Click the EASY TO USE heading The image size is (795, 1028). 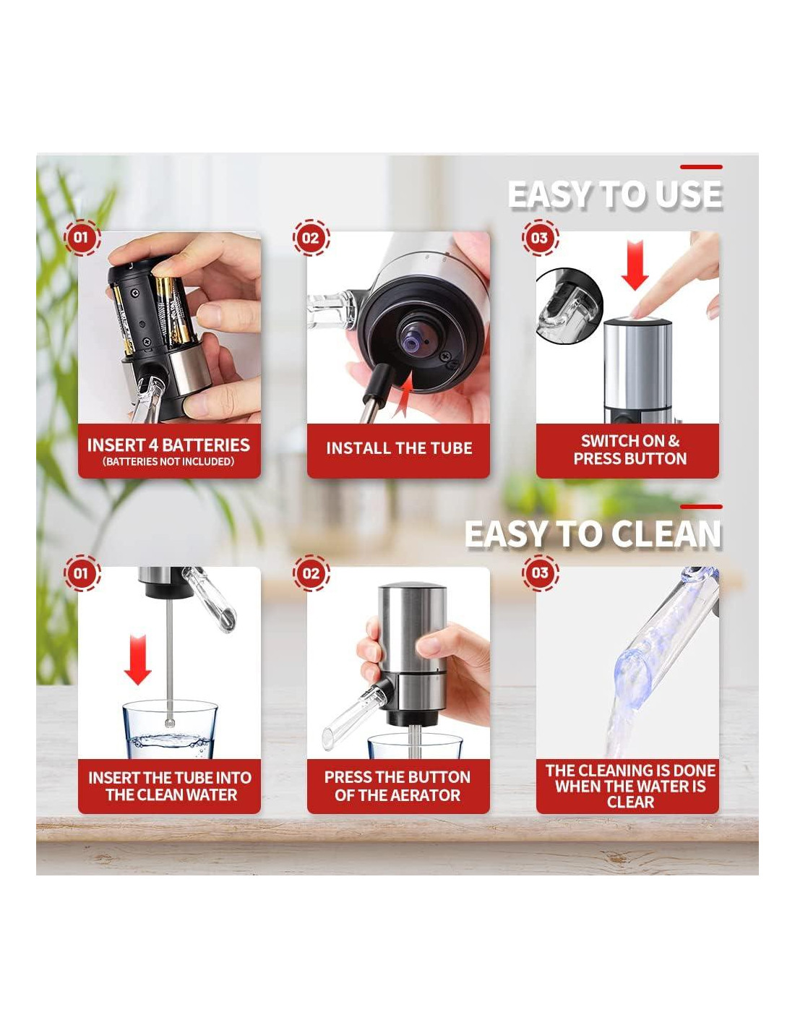pyautogui.click(x=614, y=194)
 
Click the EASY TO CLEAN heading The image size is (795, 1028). pyautogui.click(x=593, y=534)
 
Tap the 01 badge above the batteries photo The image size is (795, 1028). pyautogui.click(x=82, y=237)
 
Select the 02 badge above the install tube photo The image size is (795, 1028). pyautogui.click(x=311, y=237)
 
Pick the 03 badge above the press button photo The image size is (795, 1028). pyautogui.click(x=540, y=237)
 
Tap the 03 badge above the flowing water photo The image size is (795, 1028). pyautogui.click(x=540, y=573)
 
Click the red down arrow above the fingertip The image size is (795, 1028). pyautogui.click(x=635, y=265)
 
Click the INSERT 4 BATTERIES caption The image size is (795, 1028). pyautogui.click(x=169, y=445)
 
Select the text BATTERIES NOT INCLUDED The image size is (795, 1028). pyautogui.click(x=169, y=461)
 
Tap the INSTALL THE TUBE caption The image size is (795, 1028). pyautogui.click(x=399, y=448)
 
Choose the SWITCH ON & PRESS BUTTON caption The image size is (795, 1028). pyautogui.click(x=630, y=450)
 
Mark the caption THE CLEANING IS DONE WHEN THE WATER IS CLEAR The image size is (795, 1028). pyautogui.click(x=630, y=786)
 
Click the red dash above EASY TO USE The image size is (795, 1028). pyautogui.click(x=701, y=166)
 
